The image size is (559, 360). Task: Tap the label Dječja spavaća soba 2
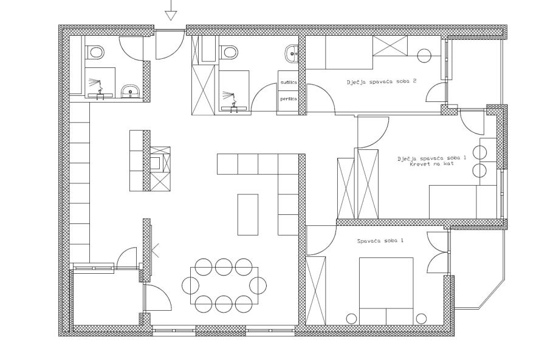382,81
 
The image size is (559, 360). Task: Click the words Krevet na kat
432,164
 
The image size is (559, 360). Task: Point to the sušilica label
289,82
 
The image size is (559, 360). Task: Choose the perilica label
289,98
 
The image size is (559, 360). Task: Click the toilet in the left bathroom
96,52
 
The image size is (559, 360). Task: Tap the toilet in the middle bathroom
228,52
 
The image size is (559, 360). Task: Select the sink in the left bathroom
131,92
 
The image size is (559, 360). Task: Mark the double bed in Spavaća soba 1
386,291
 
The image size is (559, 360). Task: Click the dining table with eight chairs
224,285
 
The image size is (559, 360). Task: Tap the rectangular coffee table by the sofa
248,214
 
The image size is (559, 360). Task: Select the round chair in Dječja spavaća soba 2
424,56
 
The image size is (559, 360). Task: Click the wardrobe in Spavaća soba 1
315,291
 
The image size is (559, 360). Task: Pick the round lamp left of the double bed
352,318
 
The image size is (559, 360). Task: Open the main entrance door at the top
170,44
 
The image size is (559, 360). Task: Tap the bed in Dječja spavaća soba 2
339,52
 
